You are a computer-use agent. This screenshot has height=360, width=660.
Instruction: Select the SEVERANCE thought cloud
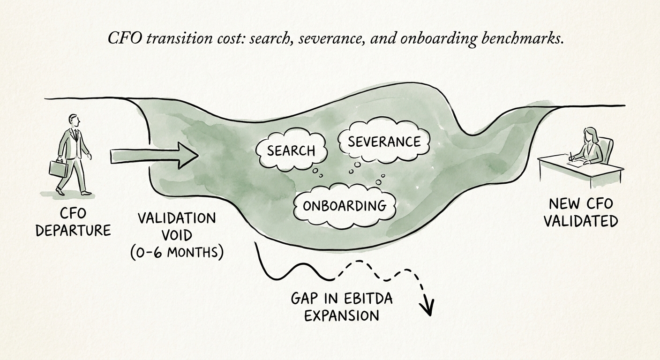[384, 142]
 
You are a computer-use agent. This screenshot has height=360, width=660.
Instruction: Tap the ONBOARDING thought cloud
[345, 205]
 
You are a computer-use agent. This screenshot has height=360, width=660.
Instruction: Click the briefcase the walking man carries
[58, 169]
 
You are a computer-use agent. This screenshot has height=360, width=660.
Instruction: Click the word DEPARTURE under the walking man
[73, 231]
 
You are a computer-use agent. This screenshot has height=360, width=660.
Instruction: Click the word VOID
[176, 235]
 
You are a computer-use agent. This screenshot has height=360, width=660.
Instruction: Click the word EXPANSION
[341, 315]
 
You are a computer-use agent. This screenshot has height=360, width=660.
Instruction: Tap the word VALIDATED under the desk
[581, 221]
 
